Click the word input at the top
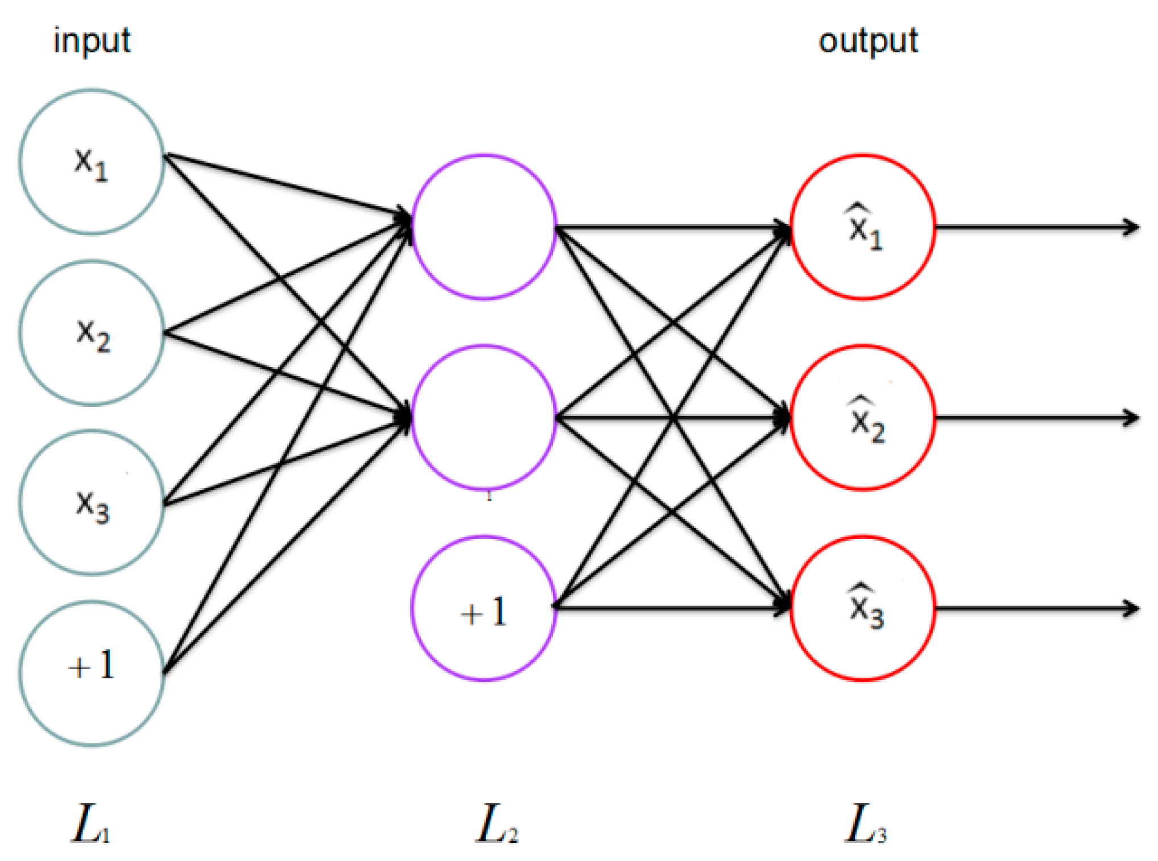(x=92, y=41)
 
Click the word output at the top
(x=867, y=41)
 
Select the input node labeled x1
(x=92, y=162)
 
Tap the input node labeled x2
(x=92, y=333)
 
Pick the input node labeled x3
(x=92, y=502)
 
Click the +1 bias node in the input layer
(x=92, y=673)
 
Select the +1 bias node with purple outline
(x=483, y=608)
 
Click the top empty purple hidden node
(x=483, y=226)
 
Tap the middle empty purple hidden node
(x=483, y=417)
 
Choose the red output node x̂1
(x=863, y=226)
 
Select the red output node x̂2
(x=863, y=417)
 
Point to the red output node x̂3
(x=863, y=608)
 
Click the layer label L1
(x=90, y=823)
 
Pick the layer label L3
(x=865, y=823)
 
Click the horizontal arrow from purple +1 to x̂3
(x=671, y=608)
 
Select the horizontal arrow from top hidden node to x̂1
(x=671, y=227)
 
